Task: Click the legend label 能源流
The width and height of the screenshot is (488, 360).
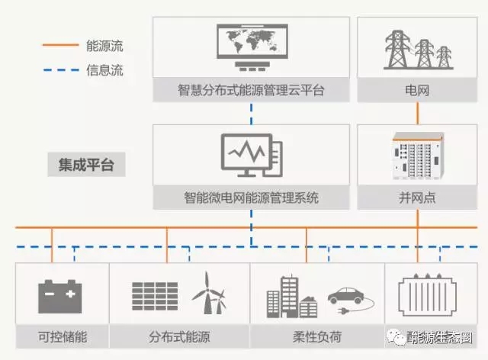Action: click(x=105, y=46)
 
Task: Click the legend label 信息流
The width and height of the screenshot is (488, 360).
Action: click(x=105, y=71)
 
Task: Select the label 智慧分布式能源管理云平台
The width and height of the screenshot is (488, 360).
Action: click(x=250, y=91)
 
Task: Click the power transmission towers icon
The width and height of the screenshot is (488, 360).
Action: click(x=417, y=48)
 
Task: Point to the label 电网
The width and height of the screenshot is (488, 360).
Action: click(x=417, y=91)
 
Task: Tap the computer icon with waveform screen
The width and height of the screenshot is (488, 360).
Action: click(x=250, y=156)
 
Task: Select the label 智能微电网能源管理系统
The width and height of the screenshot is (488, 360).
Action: click(x=250, y=198)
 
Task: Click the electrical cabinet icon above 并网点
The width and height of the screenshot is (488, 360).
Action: click(x=417, y=156)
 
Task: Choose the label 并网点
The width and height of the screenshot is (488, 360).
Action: click(x=417, y=198)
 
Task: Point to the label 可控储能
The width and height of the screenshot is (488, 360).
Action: click(x=61, y=336)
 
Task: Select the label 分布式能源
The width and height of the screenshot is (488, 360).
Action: click(x=179, y=336)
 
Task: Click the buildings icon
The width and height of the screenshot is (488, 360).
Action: click(x=291, y=294)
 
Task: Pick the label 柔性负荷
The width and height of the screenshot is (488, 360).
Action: click(x=316, y=336)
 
